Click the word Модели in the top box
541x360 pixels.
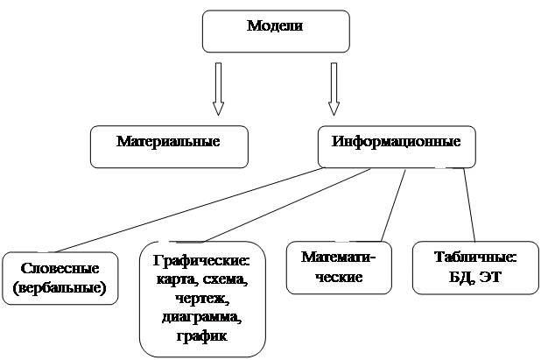click(275, 26)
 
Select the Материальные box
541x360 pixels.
click(170, 146)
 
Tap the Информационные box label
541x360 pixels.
click(396, 142)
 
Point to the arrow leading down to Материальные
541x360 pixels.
click(218, 88)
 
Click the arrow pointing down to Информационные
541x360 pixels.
click(334, 88)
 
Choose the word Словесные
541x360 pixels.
click(60, 268)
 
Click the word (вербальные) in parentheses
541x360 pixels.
click(60, 288)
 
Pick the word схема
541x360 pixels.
click(225, 279)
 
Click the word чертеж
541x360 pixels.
click(202, 298)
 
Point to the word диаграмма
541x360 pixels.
click(201, 317)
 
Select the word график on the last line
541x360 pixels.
click(202, 335)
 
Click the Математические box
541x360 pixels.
click(339, 267)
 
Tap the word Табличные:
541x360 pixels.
click(475, 258)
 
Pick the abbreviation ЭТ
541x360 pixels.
click(490, 277)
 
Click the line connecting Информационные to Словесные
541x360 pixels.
click(190, 210)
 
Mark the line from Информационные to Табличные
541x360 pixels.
click(469, 205)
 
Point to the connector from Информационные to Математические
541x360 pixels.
click(393, 205)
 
